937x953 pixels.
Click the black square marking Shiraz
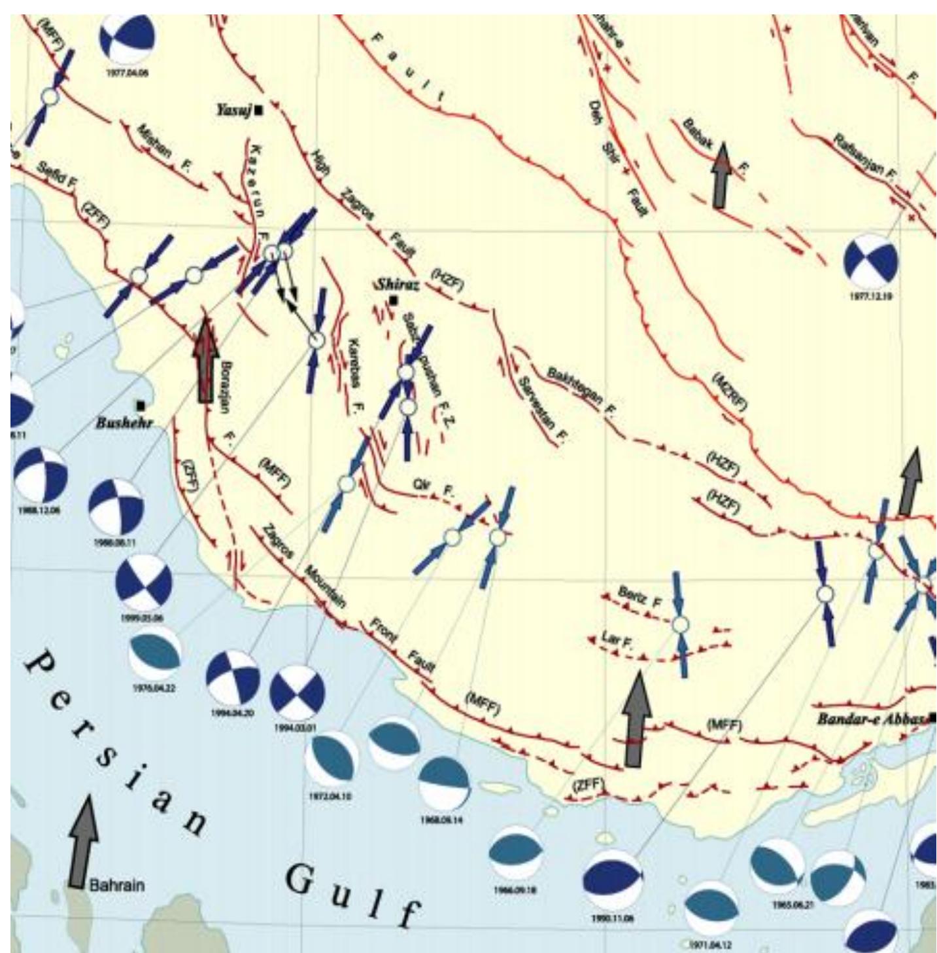click(393, 300)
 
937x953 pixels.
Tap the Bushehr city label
click(124, 423)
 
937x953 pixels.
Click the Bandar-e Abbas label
click(872, 719)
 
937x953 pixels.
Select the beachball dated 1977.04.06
click(128, 39)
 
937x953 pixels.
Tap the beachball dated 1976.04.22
click(154, 652)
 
